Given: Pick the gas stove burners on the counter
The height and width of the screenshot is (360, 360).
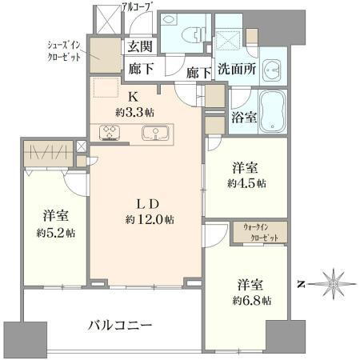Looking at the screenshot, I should point(109,132).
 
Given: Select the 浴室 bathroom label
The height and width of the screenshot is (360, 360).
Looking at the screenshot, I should point(244,117).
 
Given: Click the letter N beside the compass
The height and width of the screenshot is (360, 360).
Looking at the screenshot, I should point(300,283).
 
